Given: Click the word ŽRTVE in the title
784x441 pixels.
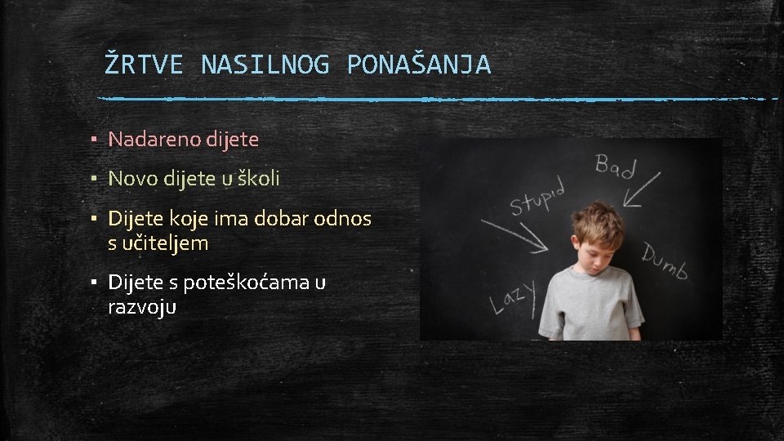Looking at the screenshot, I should click(144, 65).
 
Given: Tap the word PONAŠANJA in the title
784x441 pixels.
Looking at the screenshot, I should click(419, 65).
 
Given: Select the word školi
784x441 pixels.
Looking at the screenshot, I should click(257, 178).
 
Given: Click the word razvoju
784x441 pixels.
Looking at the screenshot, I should click(142, 307).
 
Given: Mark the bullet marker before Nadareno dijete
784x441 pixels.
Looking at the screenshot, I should click(95, 140).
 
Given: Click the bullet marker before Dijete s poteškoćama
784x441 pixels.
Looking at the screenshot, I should click(95, 283).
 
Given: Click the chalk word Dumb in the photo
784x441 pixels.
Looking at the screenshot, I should click(665, 261).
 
